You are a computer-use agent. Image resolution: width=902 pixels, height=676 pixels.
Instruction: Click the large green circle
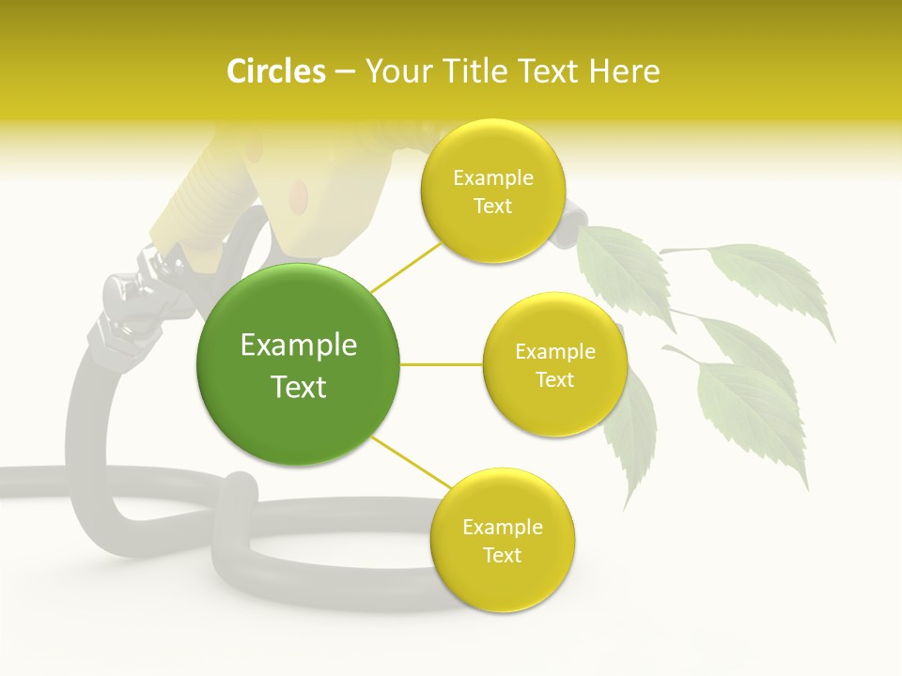tap(298, 364)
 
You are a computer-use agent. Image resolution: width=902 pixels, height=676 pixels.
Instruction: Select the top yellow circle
tap(492, 191)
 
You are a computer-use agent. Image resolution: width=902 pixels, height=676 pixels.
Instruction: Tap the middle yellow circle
tap(554, 364)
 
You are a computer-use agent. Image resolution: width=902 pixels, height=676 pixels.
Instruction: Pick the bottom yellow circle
tap(502, 540)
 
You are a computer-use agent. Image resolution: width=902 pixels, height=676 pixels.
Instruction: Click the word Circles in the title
tap(275, 71)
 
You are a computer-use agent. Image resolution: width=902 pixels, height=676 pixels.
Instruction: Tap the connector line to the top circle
tap(405, 266)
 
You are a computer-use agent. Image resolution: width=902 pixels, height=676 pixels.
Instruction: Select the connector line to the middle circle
tap(442, 364)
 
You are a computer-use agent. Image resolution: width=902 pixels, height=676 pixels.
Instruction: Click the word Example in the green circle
tap(299, 346)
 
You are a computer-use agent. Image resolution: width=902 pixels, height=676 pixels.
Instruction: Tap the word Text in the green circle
tap(299, 387)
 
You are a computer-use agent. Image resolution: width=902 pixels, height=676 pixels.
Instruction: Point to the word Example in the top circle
tap(492, 177)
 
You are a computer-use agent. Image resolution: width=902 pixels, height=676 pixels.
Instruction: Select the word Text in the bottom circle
tap(502, 555)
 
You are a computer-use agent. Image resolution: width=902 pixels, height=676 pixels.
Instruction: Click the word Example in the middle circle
tap(554, 352)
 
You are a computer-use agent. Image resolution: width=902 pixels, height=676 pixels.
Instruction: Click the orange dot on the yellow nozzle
tap(298, 194)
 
